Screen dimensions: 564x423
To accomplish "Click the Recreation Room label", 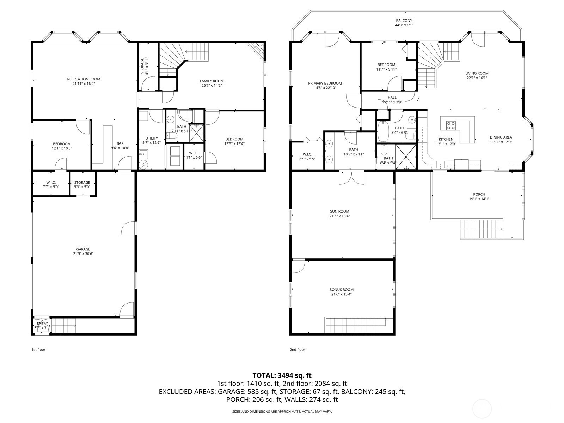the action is [84, 79].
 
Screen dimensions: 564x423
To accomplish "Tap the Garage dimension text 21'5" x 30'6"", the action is [83, 254].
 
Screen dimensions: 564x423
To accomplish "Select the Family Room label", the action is [212, 81].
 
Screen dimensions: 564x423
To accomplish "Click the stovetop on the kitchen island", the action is [451, 125].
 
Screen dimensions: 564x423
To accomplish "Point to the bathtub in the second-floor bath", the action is [383, 131].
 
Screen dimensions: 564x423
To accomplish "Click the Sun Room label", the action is [340, 211].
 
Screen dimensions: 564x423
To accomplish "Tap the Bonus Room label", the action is [342, 290].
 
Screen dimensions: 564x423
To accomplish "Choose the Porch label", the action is [479, 195].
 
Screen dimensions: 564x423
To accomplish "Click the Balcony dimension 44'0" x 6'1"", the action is [404, 25].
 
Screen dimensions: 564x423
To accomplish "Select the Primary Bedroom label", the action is [325, 83].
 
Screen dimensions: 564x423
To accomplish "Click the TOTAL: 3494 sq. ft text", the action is [282, 375].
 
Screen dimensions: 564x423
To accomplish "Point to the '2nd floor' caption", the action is [297, 350].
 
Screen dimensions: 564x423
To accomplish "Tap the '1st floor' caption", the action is [38, 350].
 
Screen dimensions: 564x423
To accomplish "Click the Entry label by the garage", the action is [42, 323].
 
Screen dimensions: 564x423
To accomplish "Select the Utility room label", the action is [152, 138].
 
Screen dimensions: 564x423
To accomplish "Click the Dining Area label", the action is [501, 137].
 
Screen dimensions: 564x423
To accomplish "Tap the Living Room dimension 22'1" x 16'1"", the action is [477, 78].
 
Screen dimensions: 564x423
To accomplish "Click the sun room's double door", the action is [351, 177].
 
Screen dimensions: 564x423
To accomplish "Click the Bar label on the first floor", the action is [120, 143].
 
